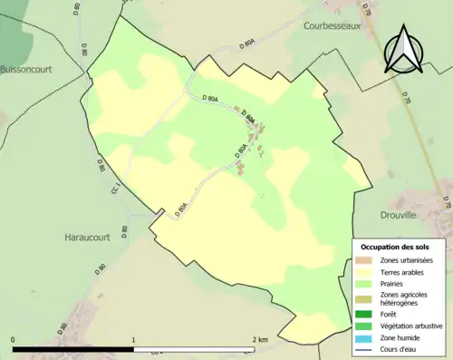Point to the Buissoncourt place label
point(25,68)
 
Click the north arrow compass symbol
point(402,51)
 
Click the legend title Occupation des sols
point(395,247)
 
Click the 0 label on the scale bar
point(13,340)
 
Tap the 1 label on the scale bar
point(134,340)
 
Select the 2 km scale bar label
point(259,340)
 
